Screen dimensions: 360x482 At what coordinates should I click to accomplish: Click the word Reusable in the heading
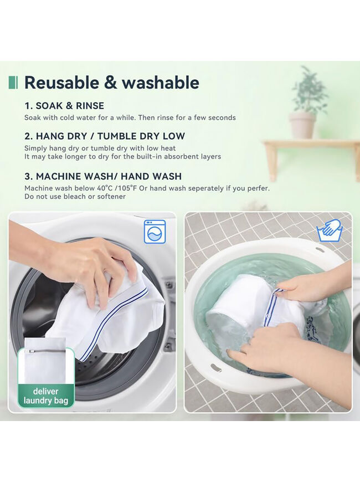[62, 83]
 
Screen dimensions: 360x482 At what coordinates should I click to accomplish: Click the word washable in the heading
[161, 83]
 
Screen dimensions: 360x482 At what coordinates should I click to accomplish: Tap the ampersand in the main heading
[111, 83]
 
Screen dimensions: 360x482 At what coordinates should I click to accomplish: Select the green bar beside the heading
[13, 83]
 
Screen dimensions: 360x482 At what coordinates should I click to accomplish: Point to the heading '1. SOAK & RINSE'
[64, 106]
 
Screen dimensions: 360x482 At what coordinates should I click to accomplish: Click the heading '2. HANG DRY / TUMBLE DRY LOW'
[105, 136]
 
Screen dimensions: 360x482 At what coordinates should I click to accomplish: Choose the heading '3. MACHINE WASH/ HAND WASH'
[103, 176]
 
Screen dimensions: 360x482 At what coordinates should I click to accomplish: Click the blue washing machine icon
[155, 232]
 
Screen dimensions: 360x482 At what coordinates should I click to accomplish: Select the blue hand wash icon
[330, 230]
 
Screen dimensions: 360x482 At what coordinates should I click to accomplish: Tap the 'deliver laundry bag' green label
[46, 396]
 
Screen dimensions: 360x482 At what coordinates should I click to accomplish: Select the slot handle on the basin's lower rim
[217, 368]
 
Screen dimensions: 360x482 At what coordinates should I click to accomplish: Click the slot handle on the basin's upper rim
[320, 250]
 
